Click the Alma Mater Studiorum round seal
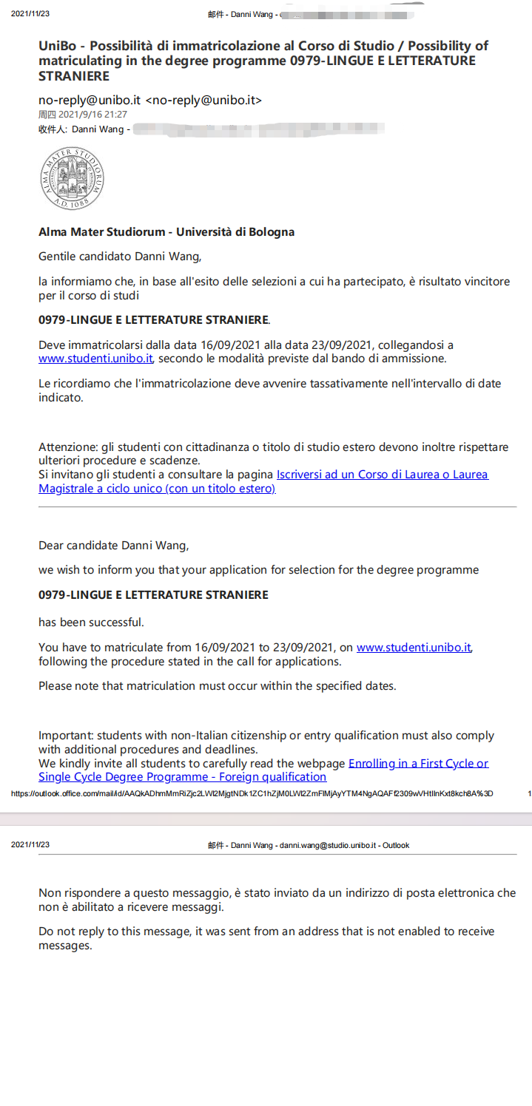click(72, 179)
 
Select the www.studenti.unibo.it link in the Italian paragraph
click(95, 359)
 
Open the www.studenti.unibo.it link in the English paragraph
click(414, 648)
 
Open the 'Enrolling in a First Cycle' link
click(418, 763)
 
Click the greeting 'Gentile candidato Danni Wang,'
click(119, 257)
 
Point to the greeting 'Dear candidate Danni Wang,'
click(114, 546)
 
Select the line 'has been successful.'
click(91, 622)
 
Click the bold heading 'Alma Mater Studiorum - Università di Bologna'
click(166, 232)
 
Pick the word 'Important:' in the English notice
click(66, 736)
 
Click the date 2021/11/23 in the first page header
click(30, 15)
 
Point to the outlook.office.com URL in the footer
click(252, 793)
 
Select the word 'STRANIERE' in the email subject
click(74, 76)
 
